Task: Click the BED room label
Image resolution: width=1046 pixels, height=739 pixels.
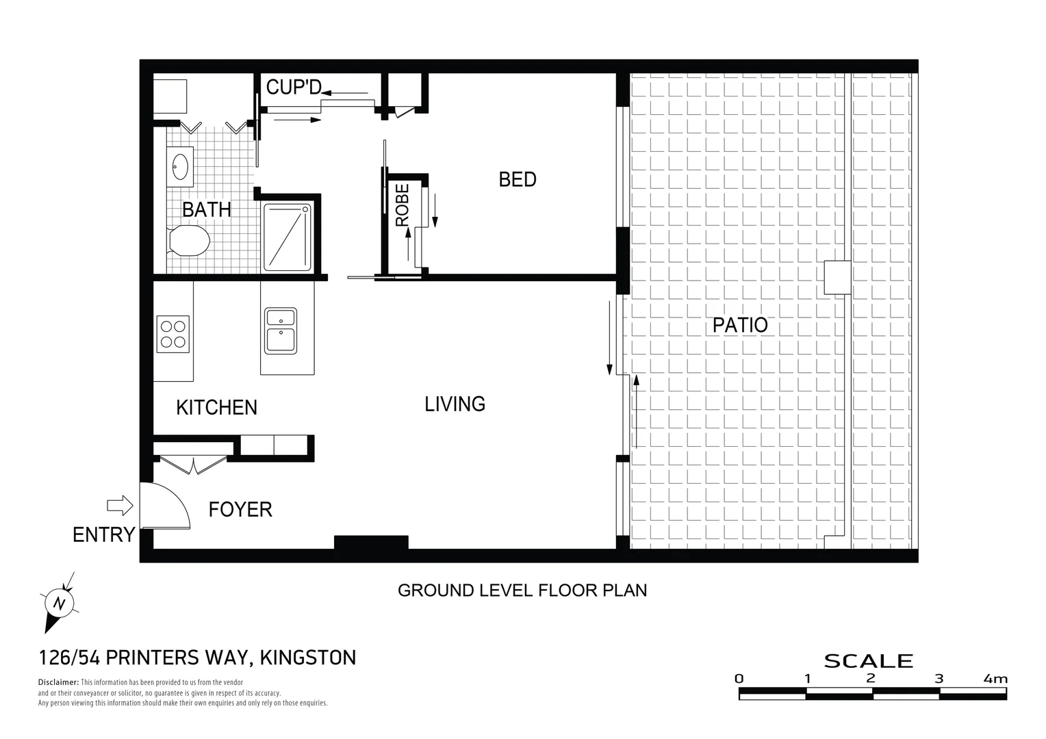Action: pos(518,180)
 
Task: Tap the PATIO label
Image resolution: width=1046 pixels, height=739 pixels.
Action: pos(740,325)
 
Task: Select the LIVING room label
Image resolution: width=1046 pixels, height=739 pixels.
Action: pos(455,404)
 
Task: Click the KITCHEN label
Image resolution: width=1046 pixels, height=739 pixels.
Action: pos(216,408)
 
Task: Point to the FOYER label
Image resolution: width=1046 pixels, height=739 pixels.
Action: pos(240,510)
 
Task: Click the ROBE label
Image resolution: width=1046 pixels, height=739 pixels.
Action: pos(403,205)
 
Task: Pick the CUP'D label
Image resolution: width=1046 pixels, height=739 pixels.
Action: pos(293,88)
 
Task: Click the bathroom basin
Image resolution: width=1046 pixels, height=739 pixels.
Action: pos(181,166)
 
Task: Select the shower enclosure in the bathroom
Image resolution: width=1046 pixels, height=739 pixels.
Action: pos(288,235)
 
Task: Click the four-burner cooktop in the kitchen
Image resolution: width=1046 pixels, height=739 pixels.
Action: pos(173,334)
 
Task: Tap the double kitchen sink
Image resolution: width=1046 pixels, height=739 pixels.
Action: pos(281,330)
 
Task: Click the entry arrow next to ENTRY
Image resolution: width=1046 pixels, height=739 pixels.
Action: pos(120,506)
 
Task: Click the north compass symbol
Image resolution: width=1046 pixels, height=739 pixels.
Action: pos(59,603)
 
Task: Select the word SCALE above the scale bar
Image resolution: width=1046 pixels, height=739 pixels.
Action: pos(868,661)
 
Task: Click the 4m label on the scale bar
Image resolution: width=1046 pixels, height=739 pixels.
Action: pos(995,679)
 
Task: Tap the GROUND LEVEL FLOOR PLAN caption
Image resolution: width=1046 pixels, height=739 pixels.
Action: pos(522,590)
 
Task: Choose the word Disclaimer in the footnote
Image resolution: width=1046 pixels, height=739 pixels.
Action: pos(58,682)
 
